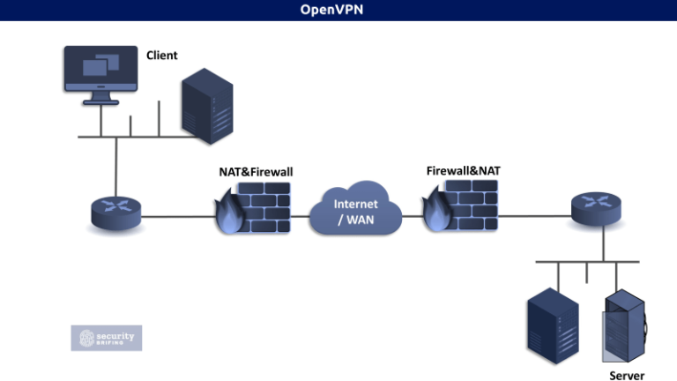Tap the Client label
[161, 56]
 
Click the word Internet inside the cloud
[356, 204]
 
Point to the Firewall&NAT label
[458, 168]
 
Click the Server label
[627, 375]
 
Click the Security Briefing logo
[106, 338]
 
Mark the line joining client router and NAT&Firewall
[176, 216]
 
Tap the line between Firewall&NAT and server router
[529, 213]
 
